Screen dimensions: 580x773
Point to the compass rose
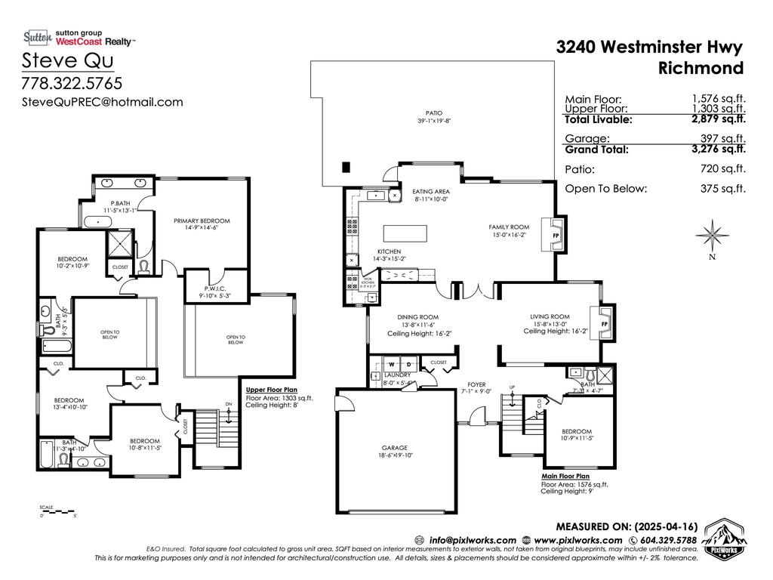[x=711, y=234]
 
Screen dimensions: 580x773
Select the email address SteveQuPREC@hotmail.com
[x=102, y=102]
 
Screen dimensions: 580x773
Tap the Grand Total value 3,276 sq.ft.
[x=719, y=149]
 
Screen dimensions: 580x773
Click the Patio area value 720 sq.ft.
[x=722, y=169]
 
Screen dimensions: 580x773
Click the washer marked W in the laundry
[x=392, y=363]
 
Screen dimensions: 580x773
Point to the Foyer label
[x=476, y=384]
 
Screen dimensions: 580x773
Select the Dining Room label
[x=417, y=317]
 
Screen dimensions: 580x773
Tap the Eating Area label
[x=432, y=192]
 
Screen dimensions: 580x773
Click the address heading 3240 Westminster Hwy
[x=649, y=47]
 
